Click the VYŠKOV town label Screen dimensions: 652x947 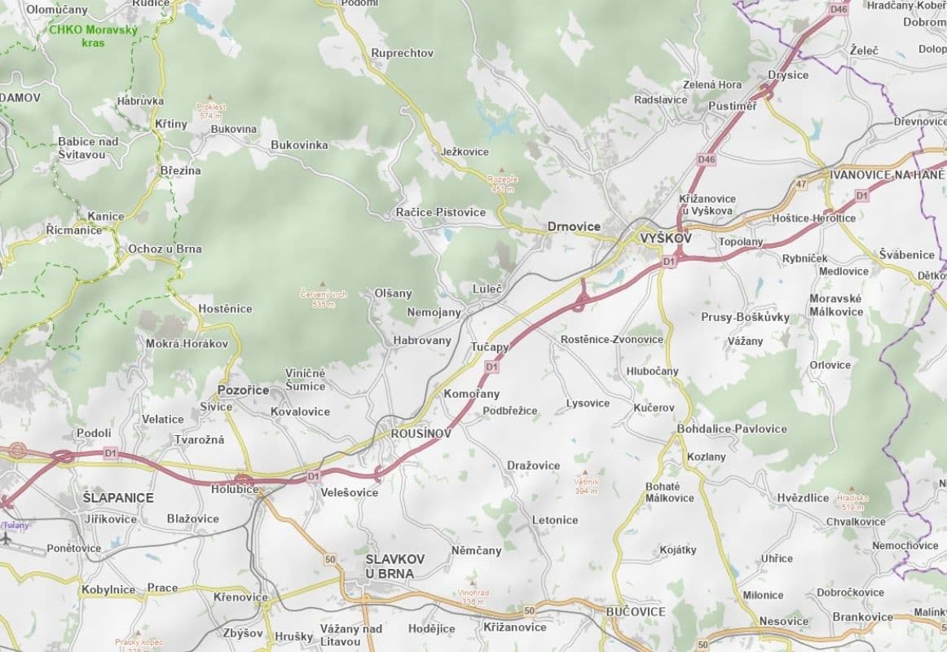(666, 238)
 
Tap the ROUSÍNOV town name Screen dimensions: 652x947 (421, 434)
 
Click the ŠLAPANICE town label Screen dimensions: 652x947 (118, 497)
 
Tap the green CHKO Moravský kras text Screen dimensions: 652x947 (95, 35)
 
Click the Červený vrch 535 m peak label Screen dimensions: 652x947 (324, 299)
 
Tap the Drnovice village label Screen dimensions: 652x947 (574, 227)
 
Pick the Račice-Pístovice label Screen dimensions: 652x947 (440, 212)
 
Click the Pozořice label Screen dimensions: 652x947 (243, 390)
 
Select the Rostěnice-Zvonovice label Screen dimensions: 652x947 (612, 339)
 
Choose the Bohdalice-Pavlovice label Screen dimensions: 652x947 (732, 429)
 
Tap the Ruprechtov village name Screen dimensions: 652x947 (402, 53)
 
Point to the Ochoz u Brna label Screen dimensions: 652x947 (165, 249)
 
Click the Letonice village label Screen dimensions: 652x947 (555, 520)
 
